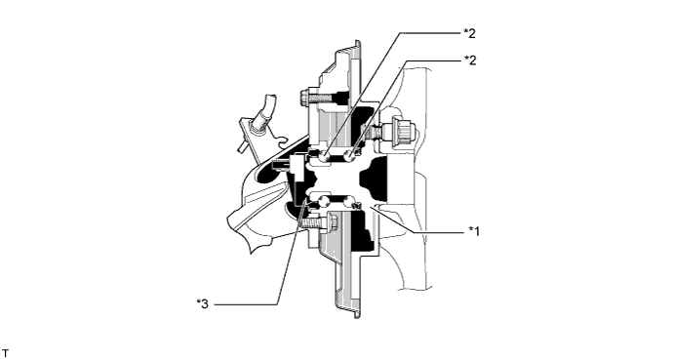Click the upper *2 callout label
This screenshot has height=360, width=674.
(469, 32)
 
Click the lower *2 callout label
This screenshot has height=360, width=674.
(469, 60)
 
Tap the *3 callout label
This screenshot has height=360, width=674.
(202, 304)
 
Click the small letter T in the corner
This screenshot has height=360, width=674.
(6, 348)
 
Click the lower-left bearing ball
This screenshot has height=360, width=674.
(313, 201)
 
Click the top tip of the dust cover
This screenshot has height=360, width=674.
(356, 44)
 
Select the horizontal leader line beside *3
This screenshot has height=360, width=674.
(244, 304)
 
